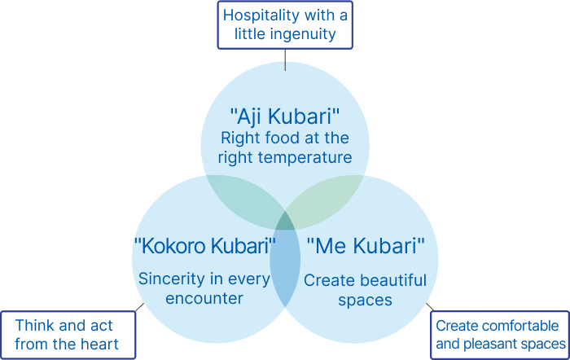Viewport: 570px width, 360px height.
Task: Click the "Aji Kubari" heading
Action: click(x=285, y=116)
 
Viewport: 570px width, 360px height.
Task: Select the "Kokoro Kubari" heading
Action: click(x=204, y=246)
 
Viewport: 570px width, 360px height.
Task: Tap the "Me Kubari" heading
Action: click(x=366, y=246)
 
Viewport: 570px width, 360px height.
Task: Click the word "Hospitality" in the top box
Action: click(x=260, y=15)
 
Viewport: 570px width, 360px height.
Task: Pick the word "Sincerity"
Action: click(x=172, y=279)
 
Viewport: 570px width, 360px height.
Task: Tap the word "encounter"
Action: click(x=204, y=299)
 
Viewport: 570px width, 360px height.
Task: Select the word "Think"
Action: click(x=35, y=326)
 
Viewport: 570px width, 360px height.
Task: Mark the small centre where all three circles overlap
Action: click(x=285, y=222)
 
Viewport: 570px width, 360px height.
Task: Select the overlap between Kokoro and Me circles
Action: click(x=285, y=266)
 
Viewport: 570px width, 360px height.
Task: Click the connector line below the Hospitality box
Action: click(x=285, y=60)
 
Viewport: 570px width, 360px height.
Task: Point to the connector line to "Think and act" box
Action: click(x=139, y=307)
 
